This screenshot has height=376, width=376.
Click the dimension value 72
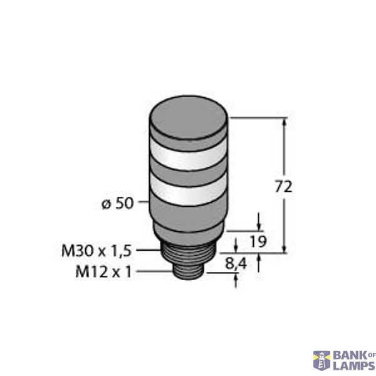click(x=285, y=187)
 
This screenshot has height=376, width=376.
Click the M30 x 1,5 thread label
click(x=96, y=251)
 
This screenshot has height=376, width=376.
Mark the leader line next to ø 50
click(x=142, y=204)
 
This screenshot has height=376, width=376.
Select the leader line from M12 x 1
click(x=154, y=272)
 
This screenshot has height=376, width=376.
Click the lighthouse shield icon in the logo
click(x=321, y=360)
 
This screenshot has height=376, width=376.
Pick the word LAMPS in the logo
click(x=352, y=365)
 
